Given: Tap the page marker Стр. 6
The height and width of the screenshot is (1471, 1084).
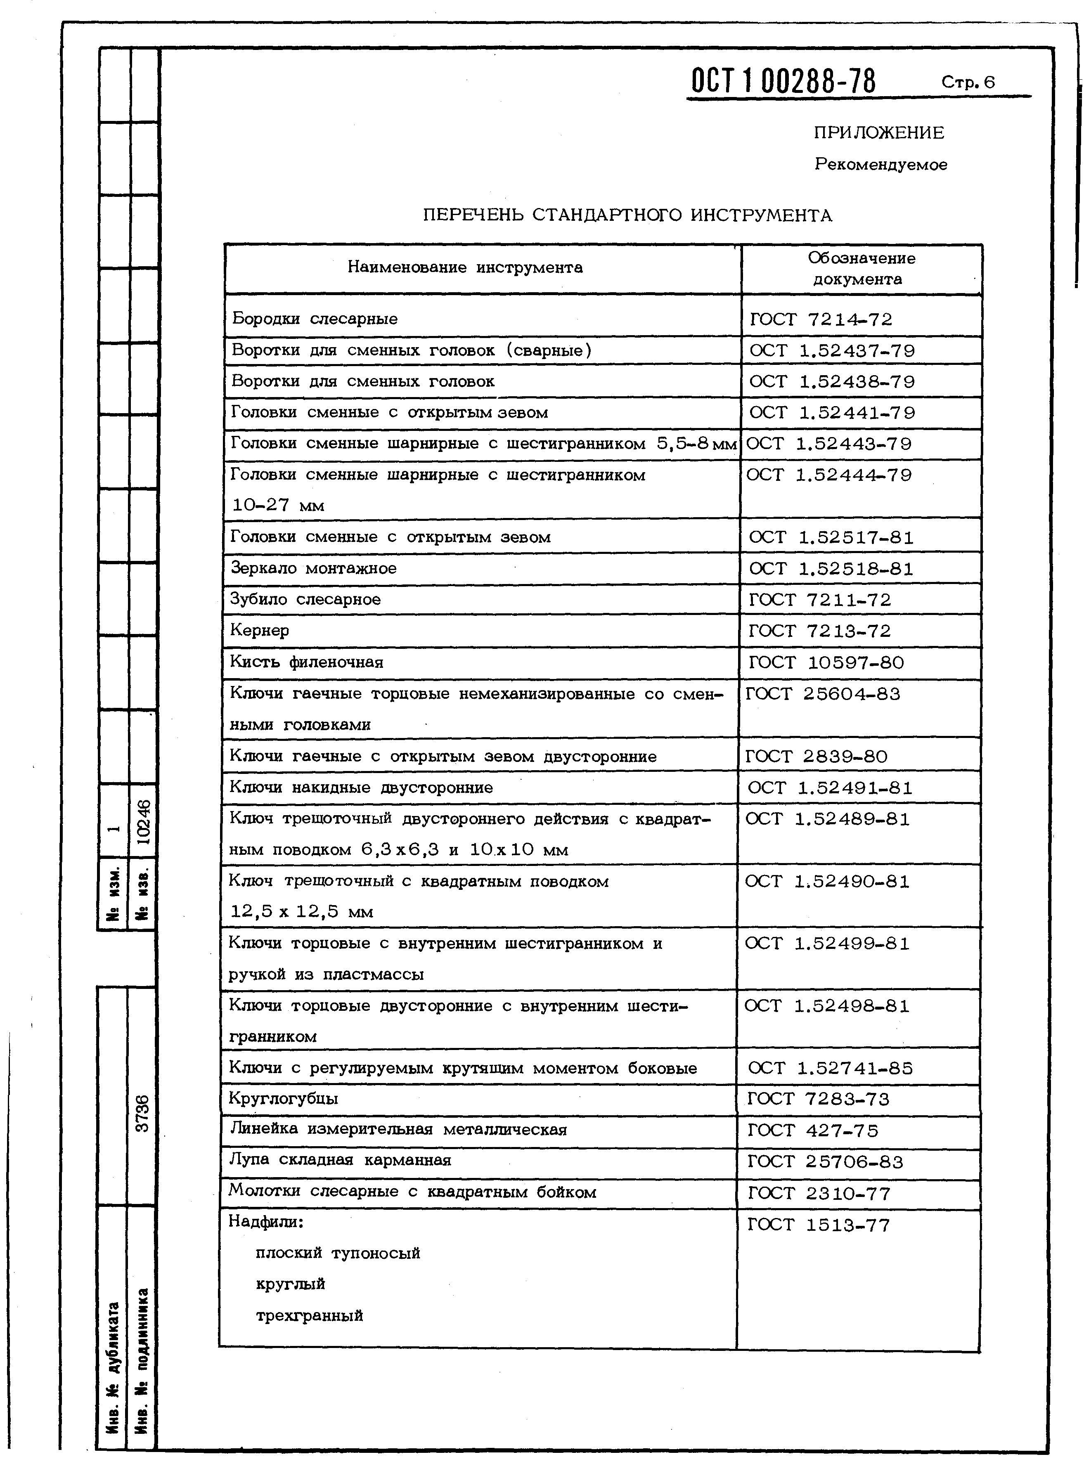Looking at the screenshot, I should click(968, 82).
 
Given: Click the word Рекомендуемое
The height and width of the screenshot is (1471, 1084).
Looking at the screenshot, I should click(880, 165).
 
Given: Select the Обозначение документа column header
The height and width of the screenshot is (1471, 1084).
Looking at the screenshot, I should click(861, 268).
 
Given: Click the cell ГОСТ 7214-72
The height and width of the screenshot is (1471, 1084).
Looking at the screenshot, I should click(821, 319).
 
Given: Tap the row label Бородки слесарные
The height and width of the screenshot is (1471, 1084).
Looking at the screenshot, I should click(314, 319).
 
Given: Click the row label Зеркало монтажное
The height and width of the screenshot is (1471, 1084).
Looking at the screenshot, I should click(313, 568).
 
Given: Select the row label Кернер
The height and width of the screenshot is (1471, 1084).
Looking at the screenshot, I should click(259, 631).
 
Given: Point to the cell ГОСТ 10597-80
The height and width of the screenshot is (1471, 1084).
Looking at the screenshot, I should click(826, 663).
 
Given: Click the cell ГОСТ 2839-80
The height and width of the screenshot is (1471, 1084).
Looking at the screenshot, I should click(816, 757).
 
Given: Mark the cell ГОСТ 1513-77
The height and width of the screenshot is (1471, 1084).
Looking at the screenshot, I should click(818, 1225).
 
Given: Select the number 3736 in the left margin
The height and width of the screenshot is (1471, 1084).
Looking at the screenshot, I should click(142, 1114).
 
